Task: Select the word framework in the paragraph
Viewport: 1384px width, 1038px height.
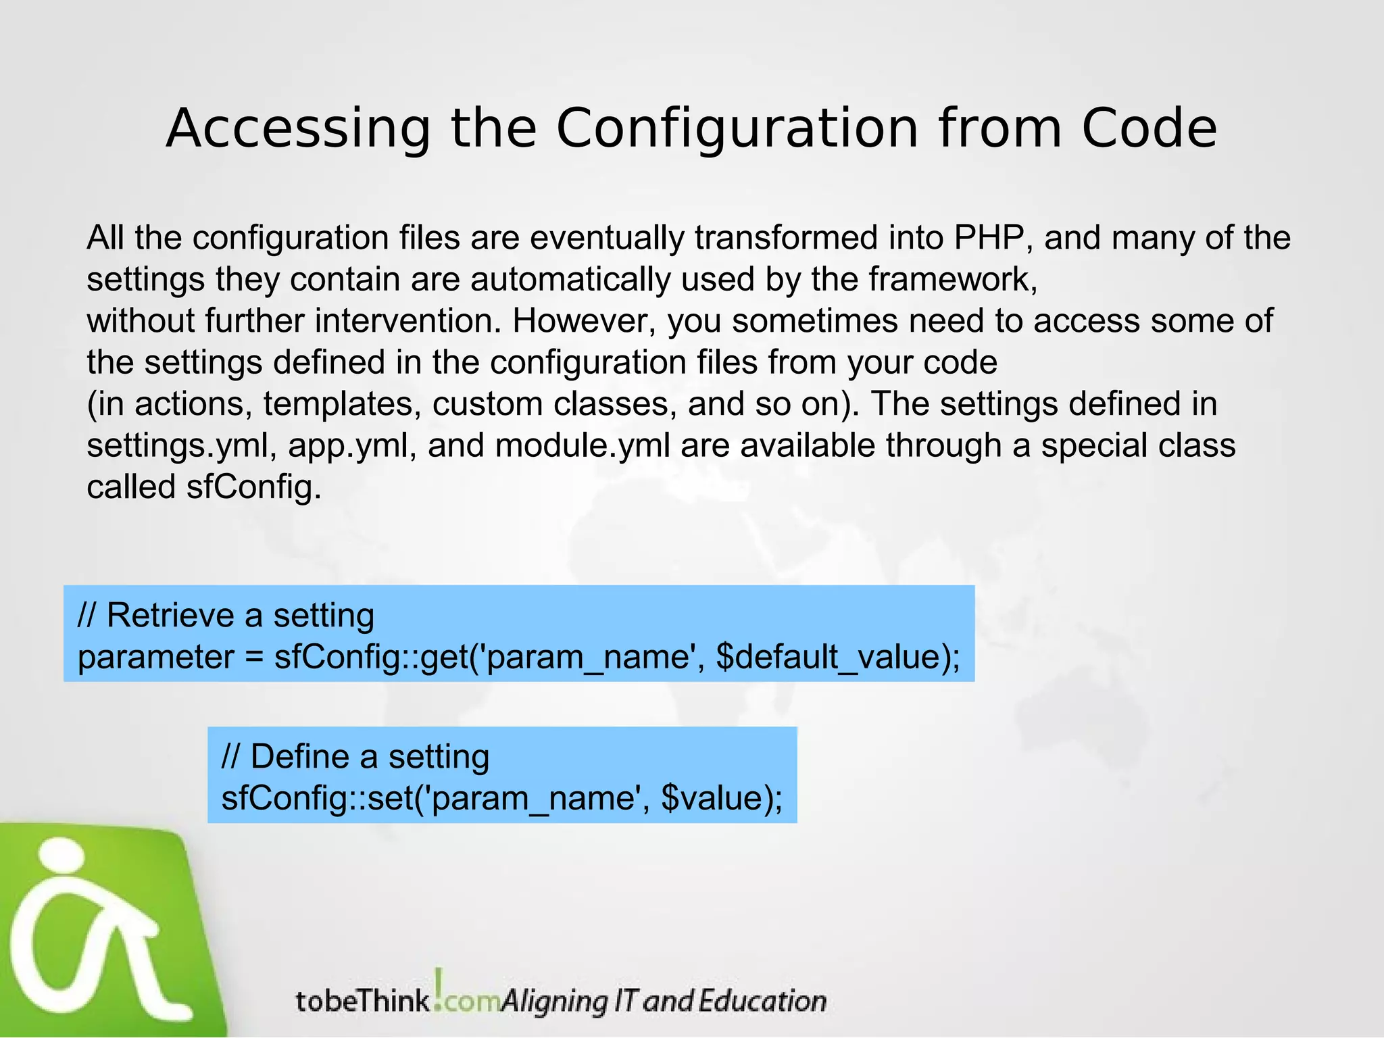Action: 951,279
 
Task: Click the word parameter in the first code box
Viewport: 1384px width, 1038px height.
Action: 155,657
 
